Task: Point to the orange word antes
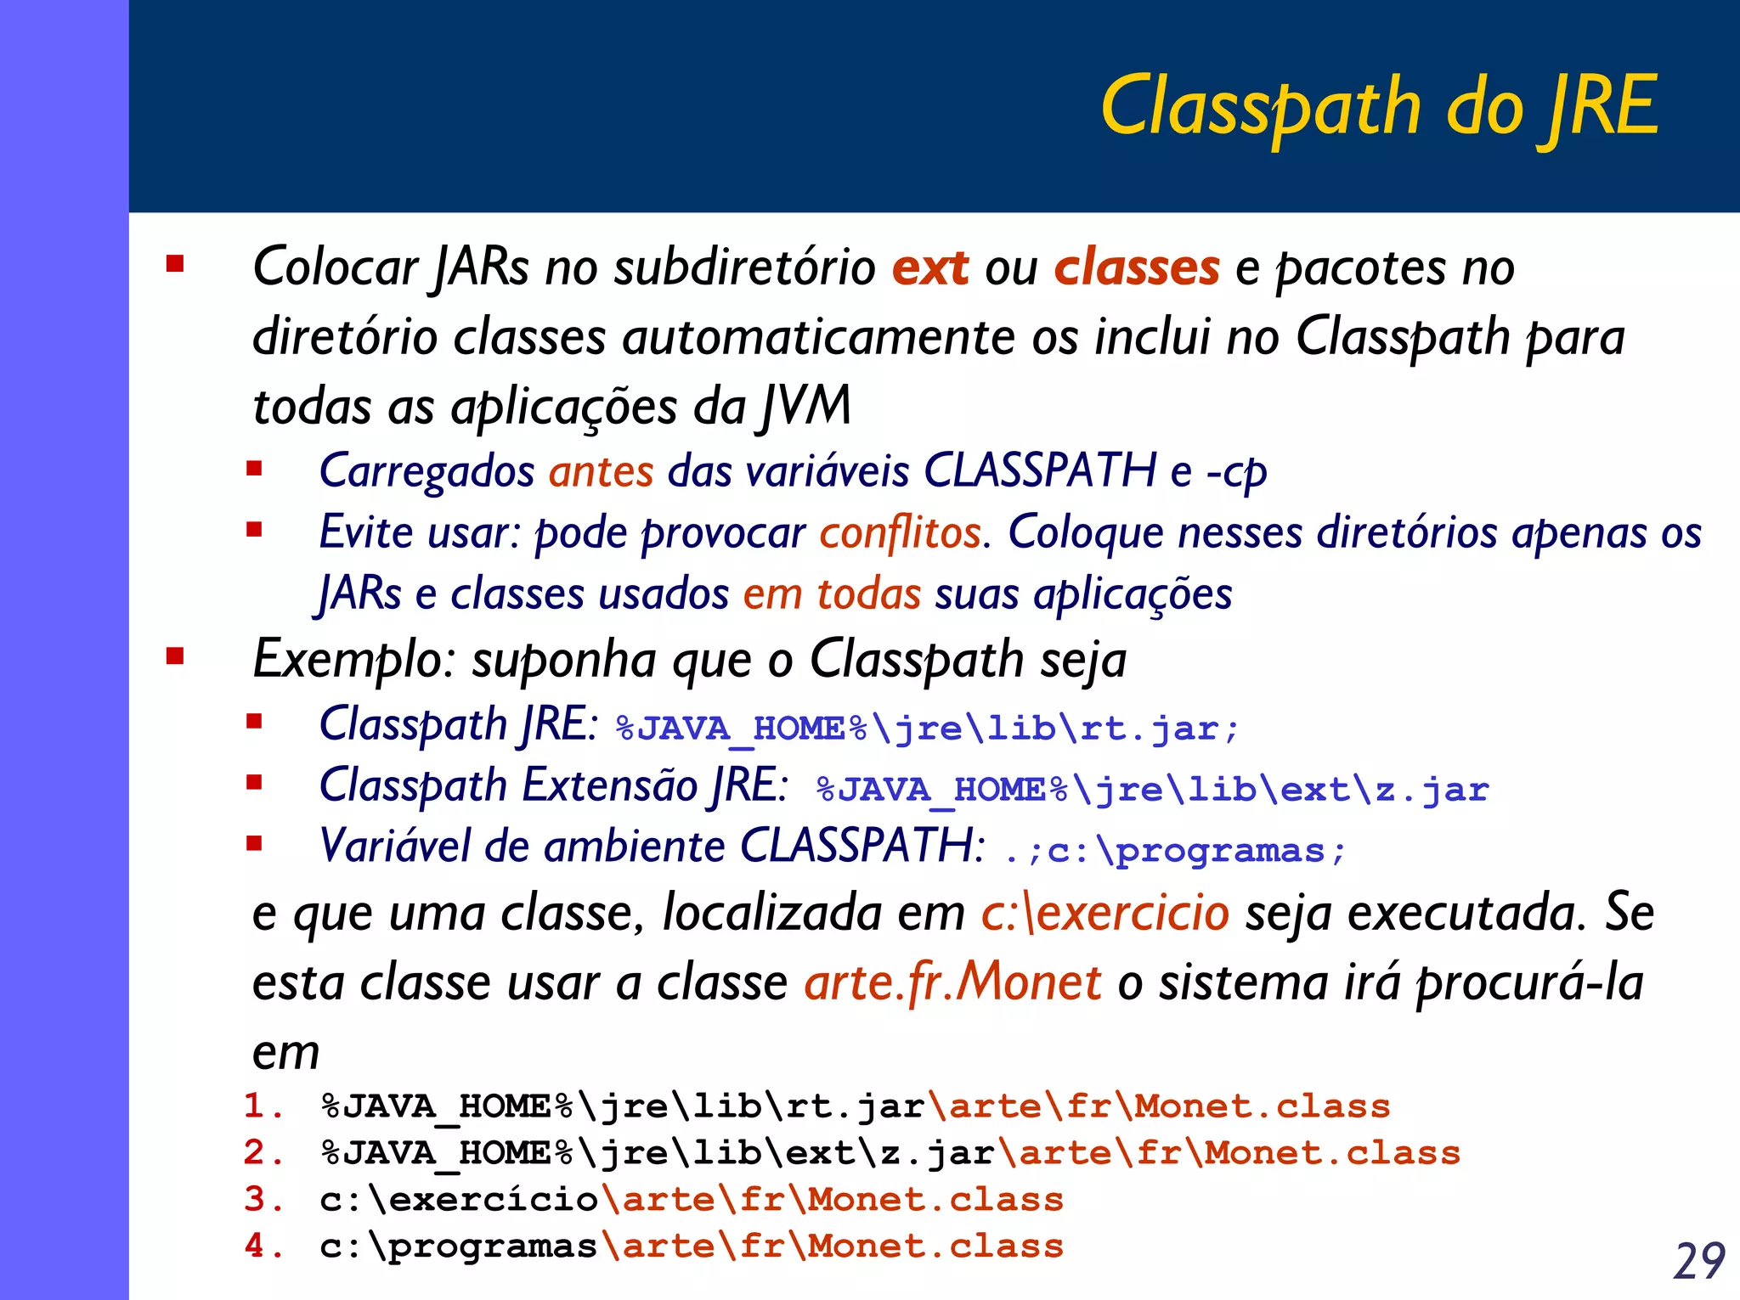(x=602, y=470)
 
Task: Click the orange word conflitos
(x=900, y=532)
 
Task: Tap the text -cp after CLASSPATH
(x=1236, y=471)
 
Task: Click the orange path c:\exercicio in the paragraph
(x=1104, y=913)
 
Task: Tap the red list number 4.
(x=255, y=1246)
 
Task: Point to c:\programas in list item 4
(x=459, y=1247)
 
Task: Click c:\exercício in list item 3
(x=459, y=1200)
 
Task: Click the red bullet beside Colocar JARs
(x=176, y=264)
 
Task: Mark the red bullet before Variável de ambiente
(x=254, y=843)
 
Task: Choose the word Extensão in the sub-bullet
(x=609, y=785)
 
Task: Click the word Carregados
(x=427, y=470)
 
